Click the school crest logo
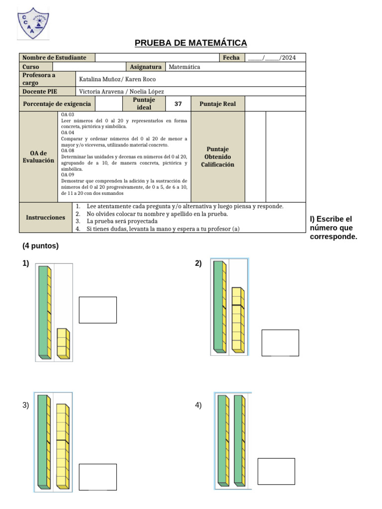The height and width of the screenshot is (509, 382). point(33,23)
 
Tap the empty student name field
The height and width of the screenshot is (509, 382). point(157,58)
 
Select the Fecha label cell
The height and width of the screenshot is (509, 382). point(231,58)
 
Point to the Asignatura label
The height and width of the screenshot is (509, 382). point(146,67)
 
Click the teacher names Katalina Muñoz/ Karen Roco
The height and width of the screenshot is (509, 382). point(117,79)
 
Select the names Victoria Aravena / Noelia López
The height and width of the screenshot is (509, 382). point(121,91)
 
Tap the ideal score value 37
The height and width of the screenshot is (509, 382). point(178,104)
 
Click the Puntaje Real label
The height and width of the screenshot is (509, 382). point(218,104)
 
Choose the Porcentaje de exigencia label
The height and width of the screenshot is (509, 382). point(57,104)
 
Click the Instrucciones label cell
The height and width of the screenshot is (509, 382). point(45,218)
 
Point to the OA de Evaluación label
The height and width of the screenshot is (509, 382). point(38,157)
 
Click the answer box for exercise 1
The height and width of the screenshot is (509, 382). point(97,310)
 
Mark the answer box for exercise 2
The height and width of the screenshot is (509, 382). point(280,342)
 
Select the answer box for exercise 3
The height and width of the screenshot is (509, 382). point(97,477)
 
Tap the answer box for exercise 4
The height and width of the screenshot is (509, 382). point(276,471)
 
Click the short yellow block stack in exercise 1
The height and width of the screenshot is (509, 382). point(63,343)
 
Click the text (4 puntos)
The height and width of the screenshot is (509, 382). point(40,246)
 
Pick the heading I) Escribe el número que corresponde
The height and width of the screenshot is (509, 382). point(333,228)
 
